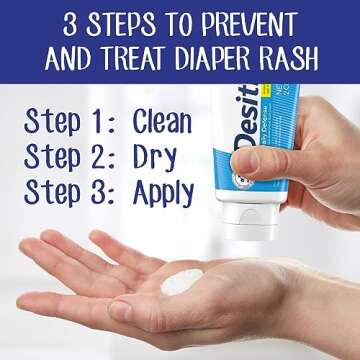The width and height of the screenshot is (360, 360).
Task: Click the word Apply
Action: (166, 191)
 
